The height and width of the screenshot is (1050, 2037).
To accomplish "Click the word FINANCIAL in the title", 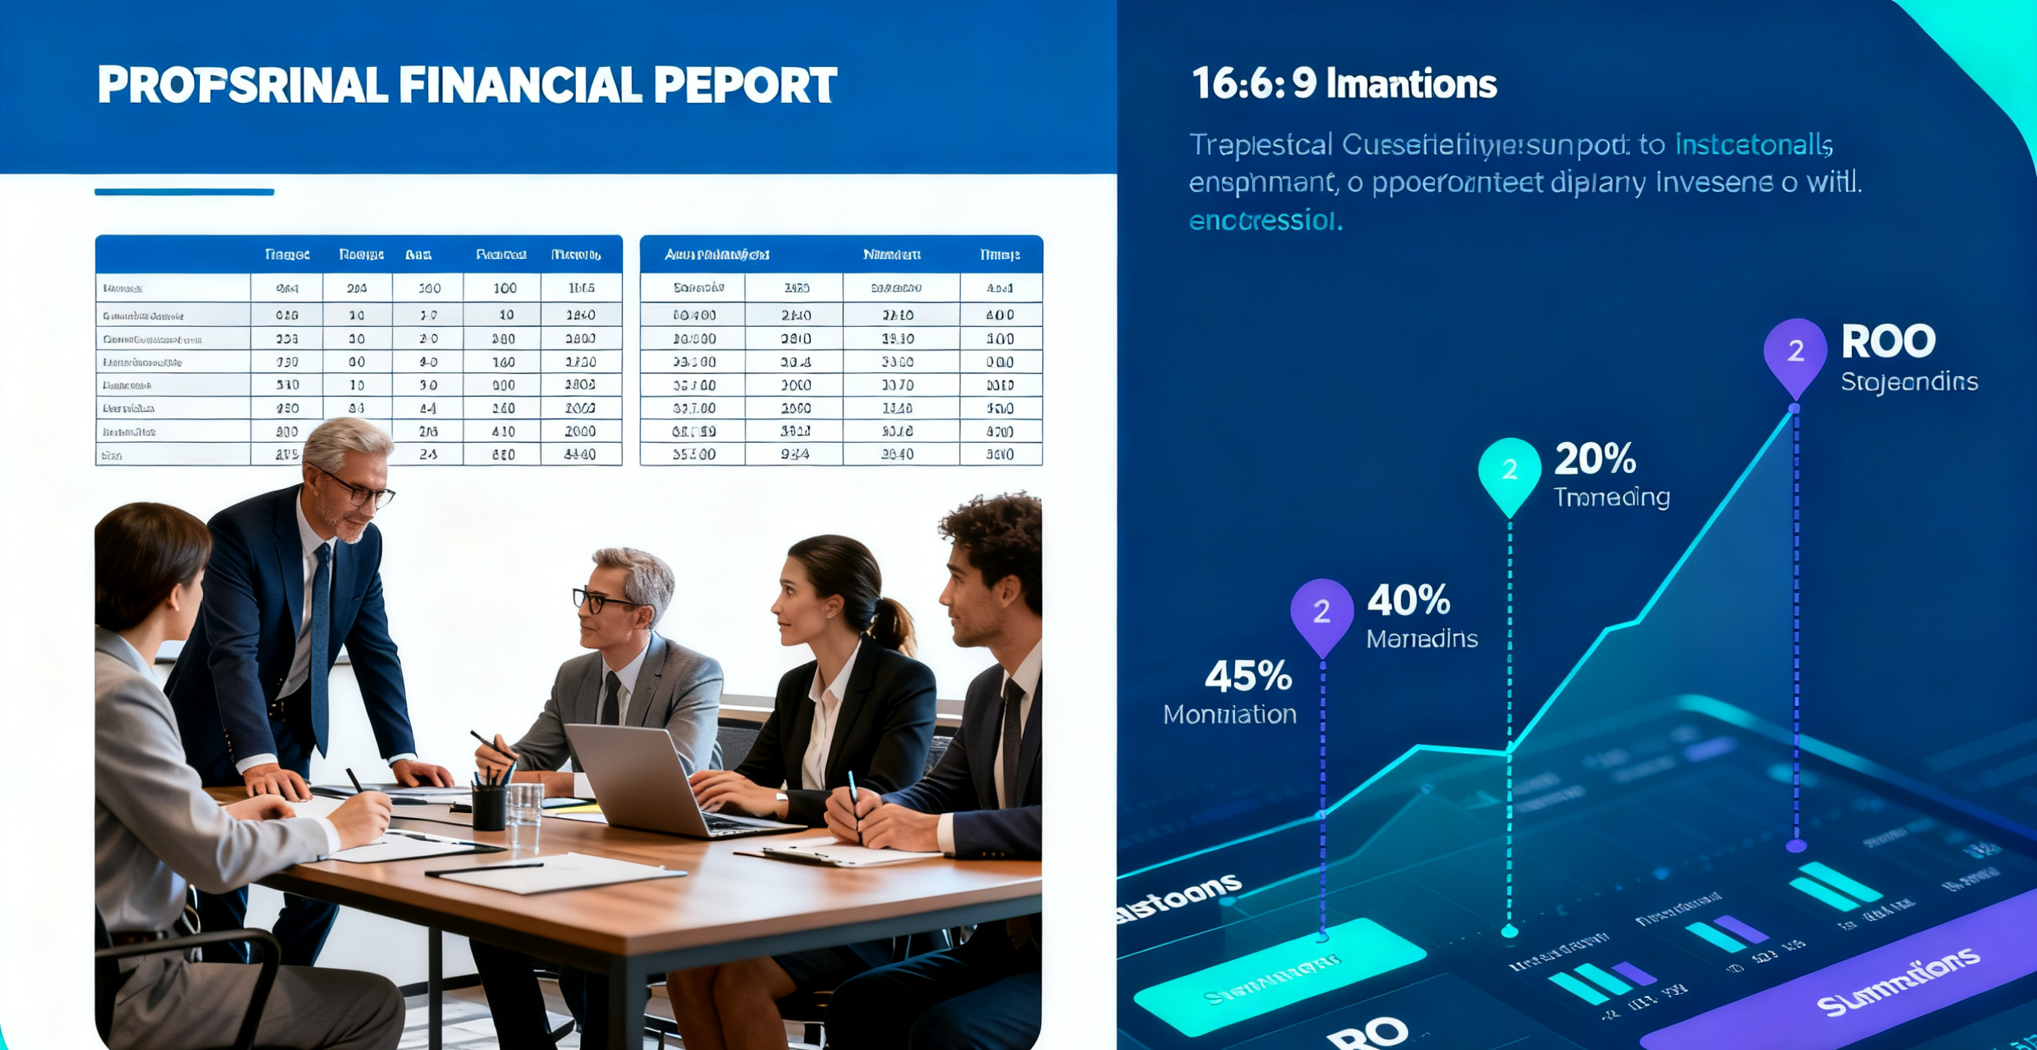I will pos(519,85).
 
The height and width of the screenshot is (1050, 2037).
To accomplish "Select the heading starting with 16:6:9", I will pos(1344,84).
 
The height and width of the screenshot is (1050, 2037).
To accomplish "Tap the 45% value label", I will pos(1248,676).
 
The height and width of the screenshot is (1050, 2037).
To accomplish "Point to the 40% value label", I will pos(1408,600).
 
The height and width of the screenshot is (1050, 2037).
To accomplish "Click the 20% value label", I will pos(1595,459).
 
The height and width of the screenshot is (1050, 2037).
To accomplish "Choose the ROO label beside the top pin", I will pos(1889,342).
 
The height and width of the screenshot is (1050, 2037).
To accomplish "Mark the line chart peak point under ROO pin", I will pos(1794,409).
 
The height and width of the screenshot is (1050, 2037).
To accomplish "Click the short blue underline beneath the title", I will pos(184,191).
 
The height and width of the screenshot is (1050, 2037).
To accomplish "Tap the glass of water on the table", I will pos(525,807).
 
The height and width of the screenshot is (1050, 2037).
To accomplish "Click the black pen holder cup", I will pos(489,806).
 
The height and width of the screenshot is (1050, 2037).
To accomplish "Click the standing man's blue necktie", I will pos(320,649).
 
